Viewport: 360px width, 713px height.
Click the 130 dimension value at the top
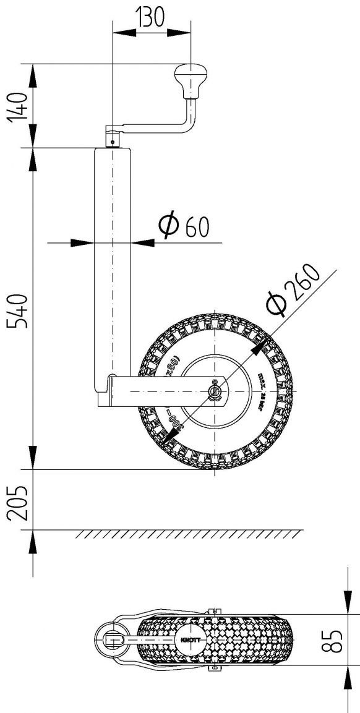[151, 18]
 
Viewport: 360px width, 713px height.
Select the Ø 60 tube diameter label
[184, 226]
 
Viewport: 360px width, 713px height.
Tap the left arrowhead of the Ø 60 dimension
[81, 243]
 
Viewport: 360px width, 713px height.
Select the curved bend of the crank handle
[188, 126]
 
